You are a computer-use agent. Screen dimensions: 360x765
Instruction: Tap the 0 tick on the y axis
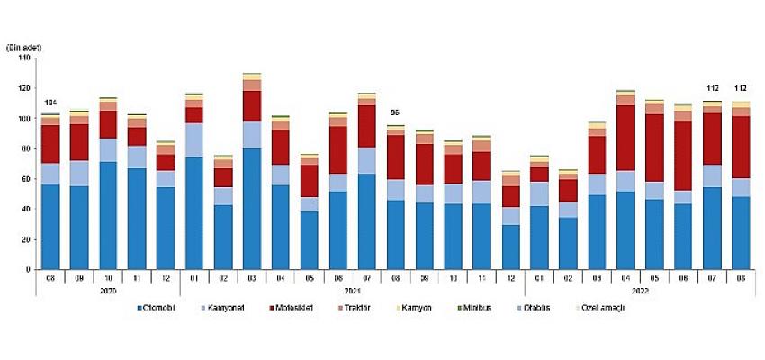click(29, 269)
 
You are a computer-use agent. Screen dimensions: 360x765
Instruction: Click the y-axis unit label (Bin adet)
click(23, 46)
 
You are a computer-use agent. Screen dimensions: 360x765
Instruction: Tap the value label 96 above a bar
click(392, 112)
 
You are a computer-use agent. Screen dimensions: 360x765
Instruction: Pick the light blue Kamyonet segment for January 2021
click(194, 139)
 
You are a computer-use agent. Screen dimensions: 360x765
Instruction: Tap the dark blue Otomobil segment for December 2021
click(510, 247)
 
